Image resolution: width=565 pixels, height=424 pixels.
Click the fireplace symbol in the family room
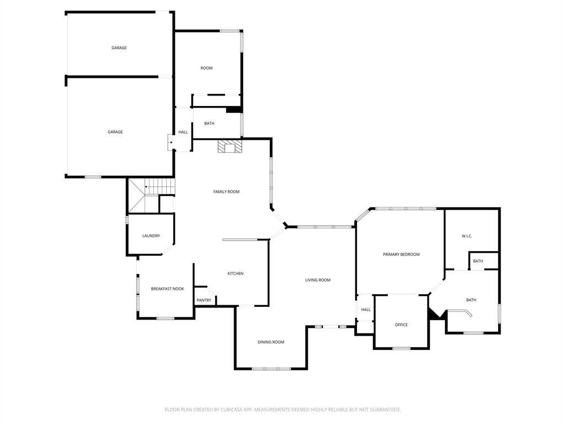click(230, 147)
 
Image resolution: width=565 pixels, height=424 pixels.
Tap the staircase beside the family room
click(152, 195)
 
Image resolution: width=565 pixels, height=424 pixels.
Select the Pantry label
click(204, 300)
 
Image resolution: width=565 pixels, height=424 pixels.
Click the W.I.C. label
click(467, 236)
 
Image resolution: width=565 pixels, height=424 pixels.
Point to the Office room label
click(401, 325)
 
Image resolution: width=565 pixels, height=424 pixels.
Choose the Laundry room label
click(151, 236)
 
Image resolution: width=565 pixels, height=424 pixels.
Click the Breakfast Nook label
click(168, 289)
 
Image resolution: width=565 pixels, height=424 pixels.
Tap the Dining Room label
click(271, 342)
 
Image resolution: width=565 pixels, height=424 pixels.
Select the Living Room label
click(318, 280)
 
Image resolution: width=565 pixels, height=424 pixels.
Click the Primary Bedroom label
click(401, 255)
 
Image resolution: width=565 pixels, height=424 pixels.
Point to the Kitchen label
click(235, 274)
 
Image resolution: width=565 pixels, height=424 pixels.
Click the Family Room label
click(226, 192)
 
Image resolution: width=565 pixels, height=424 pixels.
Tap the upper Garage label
click(119, 47)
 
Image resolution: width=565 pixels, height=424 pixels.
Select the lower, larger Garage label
click(115, 132)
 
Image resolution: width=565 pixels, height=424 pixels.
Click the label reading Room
click(206, 68)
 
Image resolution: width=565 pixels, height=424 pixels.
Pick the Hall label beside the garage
click(183, 132)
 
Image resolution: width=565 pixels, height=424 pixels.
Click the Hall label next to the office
click(366, 310)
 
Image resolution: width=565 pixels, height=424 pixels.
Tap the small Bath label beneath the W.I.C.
click(478, 261)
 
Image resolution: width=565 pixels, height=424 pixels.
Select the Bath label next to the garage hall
click(209, 124)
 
